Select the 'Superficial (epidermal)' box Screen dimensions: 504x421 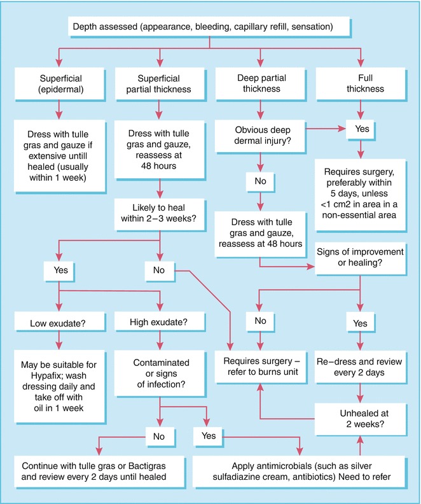[x=59, y=83]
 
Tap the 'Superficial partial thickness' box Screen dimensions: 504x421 [x=160, y=83]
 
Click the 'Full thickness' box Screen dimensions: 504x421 [x=361, y=83]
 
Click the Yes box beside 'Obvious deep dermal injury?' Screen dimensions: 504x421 [x=360, y=130]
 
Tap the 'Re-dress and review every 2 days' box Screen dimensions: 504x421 [x=361, y=368]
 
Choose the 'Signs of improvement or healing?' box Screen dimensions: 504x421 [x=361, y=258]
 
